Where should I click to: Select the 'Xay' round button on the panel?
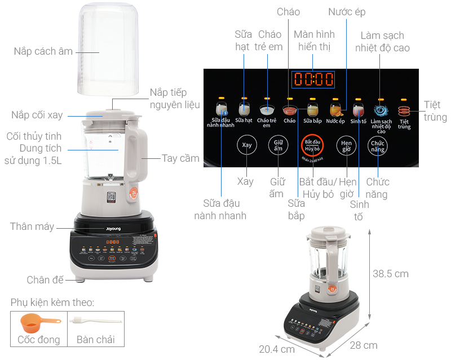pos(245,145)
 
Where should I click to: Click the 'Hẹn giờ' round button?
pos(346,146)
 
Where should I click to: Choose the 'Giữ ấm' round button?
pos(277,145)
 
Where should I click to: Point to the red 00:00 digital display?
pos(313,79)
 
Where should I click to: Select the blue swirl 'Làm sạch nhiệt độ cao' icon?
pos(381,110)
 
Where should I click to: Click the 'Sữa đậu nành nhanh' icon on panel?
pos(221,109)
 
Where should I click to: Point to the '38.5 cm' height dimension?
pos(390,274)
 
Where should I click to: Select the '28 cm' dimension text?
pos(363,345)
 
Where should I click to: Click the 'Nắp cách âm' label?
pos(43,51)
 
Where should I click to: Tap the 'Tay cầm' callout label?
pos(180,158)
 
